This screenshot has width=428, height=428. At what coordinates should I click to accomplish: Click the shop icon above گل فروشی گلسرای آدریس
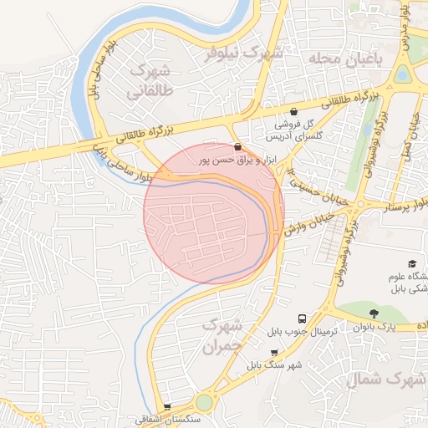293,111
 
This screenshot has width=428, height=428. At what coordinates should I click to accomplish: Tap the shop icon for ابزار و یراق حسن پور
239,145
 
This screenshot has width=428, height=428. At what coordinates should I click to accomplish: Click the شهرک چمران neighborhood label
222,334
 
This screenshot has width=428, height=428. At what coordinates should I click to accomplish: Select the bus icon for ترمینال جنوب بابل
302,318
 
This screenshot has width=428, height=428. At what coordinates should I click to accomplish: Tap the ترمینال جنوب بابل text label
302,332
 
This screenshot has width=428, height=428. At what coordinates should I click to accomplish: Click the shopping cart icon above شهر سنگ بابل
274,353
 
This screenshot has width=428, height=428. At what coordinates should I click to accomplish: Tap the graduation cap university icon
412,264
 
